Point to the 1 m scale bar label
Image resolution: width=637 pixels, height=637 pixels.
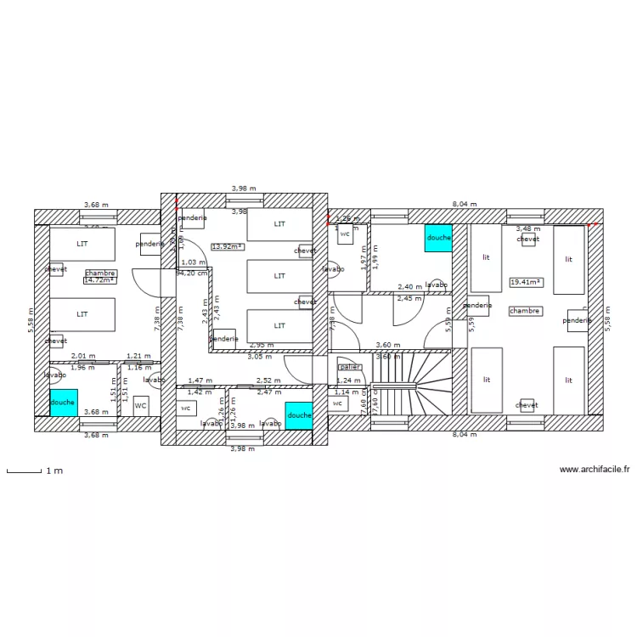tap(54, 470)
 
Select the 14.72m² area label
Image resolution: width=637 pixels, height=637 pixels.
tap(99, 279)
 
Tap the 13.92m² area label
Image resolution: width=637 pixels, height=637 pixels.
tap(227, 246)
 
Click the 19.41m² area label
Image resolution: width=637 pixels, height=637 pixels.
tap(526, 281)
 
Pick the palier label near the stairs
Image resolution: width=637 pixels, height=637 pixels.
tap(349, 367)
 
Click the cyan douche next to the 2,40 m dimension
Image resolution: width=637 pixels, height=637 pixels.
tap(438, 238)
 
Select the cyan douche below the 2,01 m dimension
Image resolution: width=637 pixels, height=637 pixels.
tap(63, 402)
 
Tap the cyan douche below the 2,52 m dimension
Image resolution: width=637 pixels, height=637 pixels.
tap(299, 414)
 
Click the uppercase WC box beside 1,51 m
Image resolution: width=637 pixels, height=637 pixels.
tap(141, 406)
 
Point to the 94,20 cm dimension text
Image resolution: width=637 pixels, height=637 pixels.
tap(191, 273)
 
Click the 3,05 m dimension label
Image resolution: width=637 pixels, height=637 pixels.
tap(259, 357)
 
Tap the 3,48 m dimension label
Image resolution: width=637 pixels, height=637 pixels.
tap(528, 228)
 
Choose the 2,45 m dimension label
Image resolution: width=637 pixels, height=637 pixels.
tap(409, 298)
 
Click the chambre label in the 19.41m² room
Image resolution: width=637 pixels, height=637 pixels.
tap(525, 311)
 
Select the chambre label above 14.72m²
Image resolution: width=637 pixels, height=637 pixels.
tap(100, 273)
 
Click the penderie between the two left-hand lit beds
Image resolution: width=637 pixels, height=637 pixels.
tap(477, 305)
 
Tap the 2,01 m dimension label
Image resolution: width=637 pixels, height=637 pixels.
tap(83, 357)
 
